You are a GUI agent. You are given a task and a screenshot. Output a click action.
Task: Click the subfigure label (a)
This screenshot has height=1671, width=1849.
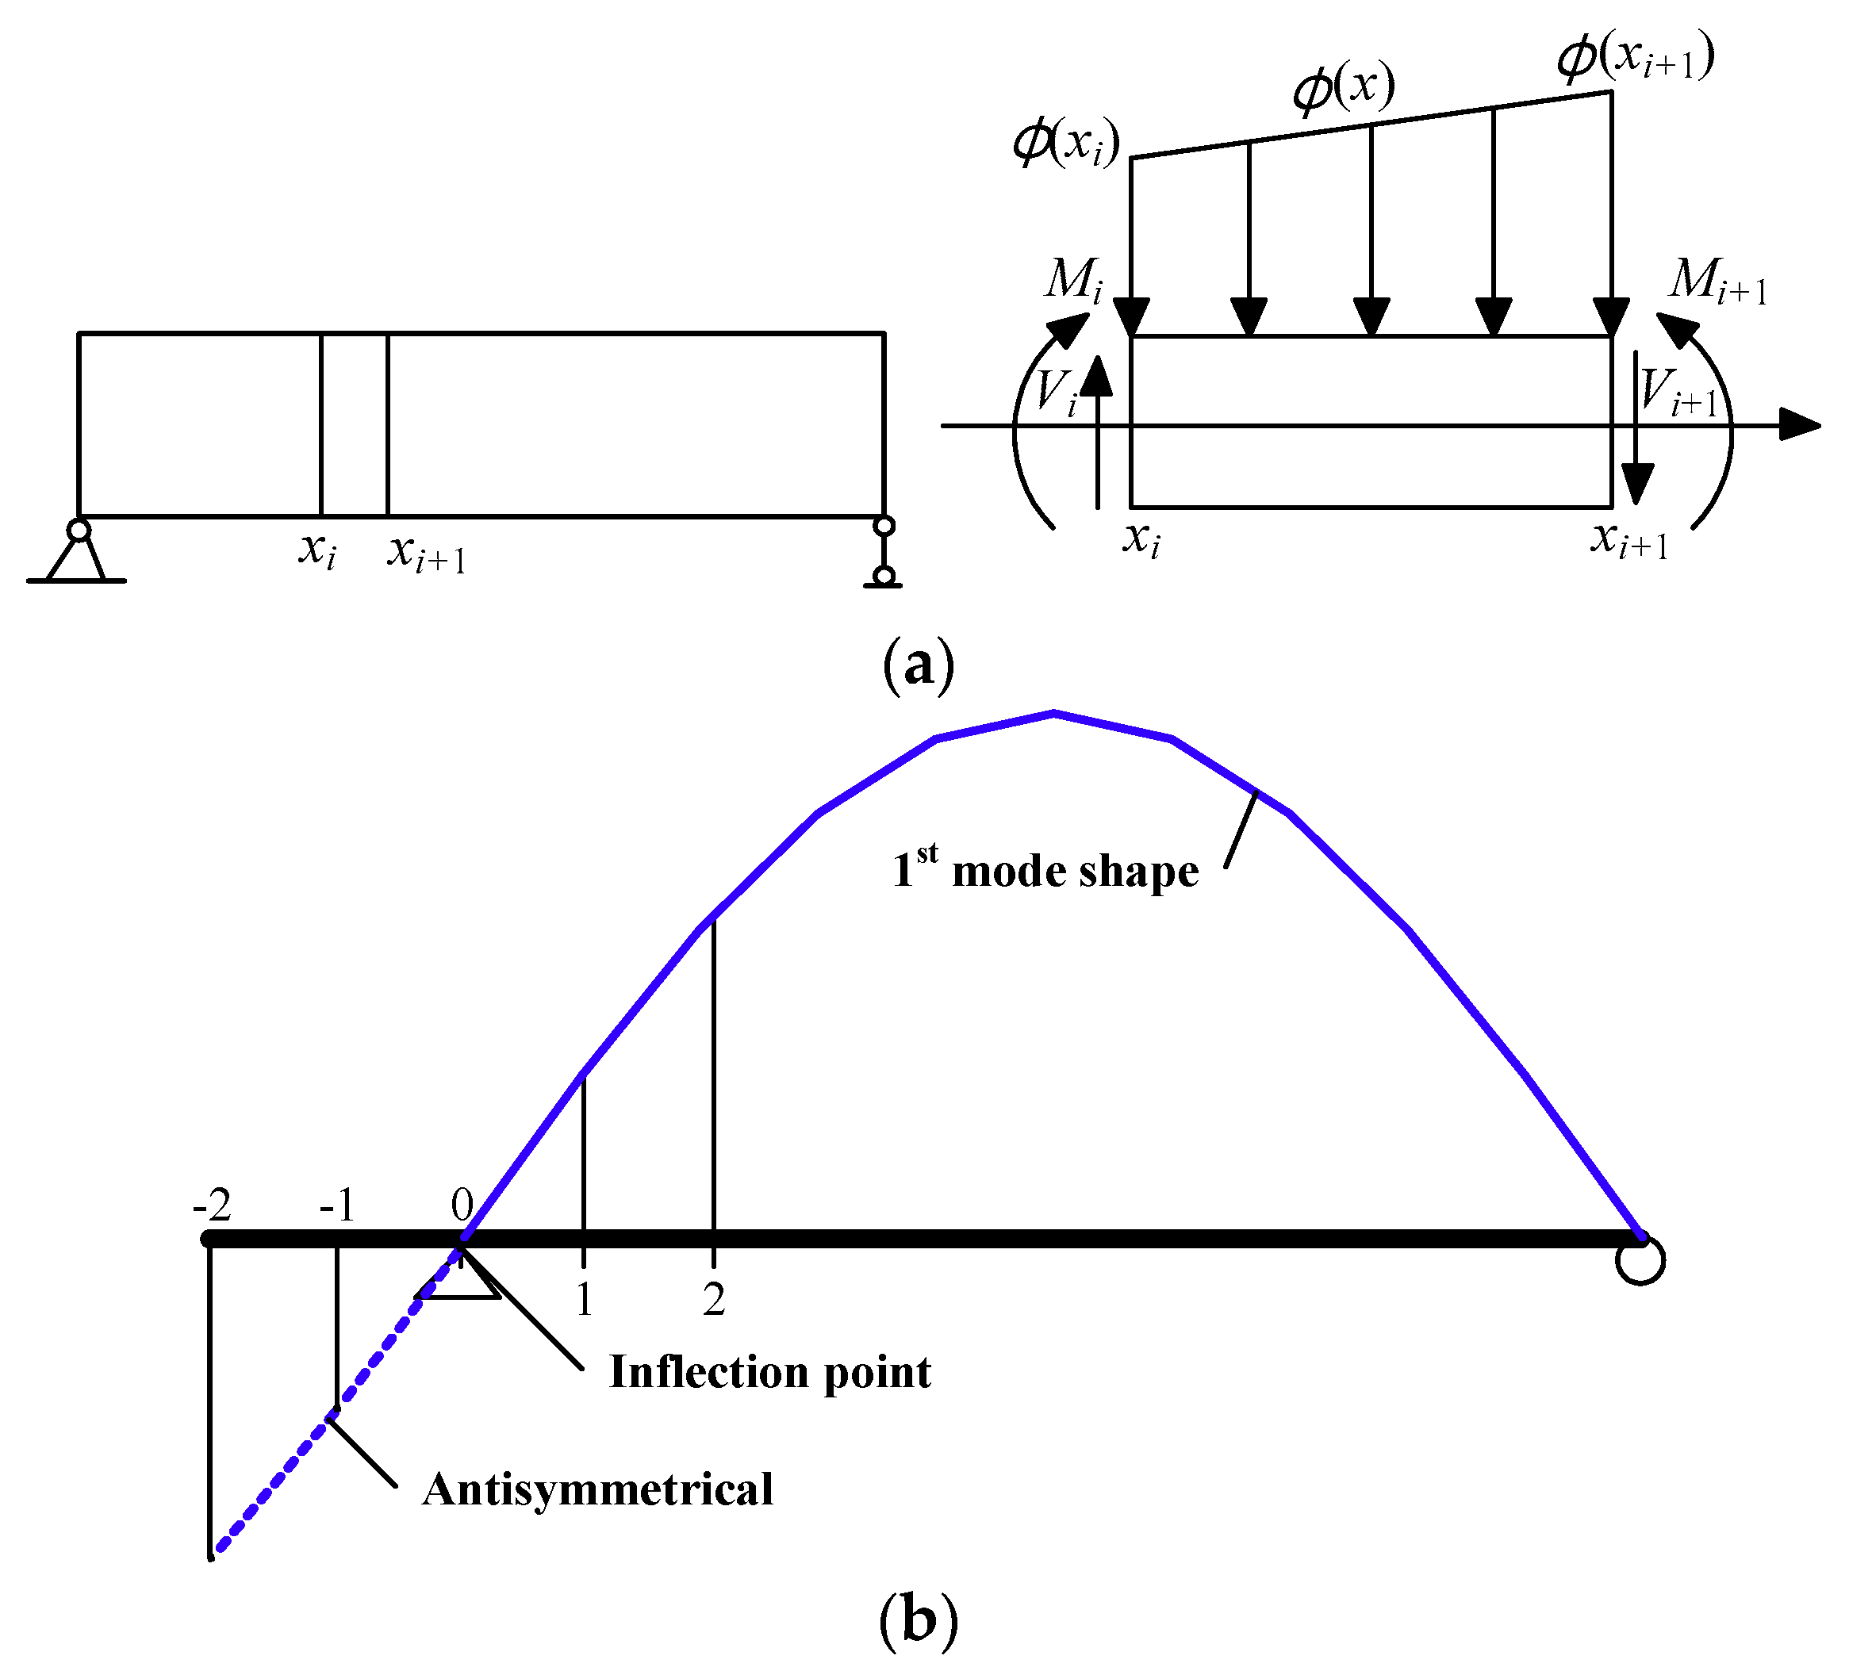pos(918,664)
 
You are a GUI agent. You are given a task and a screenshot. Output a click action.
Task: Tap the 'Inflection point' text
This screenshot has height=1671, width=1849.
pos(769,1373)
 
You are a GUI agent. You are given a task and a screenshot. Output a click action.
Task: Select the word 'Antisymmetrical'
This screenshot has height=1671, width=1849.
pos(597,1489)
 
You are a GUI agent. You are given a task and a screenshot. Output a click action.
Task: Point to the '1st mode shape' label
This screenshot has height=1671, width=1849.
pos(1045,869)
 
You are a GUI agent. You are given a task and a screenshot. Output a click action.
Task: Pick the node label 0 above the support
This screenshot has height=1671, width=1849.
pos(462,1204)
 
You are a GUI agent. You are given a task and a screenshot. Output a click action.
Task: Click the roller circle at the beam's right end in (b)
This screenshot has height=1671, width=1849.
pos(1640,1261)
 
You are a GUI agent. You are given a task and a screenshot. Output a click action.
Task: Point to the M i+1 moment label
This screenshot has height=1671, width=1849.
pos(1717,282)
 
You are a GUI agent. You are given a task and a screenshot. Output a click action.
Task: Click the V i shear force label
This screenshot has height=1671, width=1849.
pos(1056,393)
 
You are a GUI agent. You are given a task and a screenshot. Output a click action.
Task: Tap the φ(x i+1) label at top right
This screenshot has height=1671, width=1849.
pos(1636,57)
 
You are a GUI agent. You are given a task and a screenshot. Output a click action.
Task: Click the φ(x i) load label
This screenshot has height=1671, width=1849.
pos(1066,144)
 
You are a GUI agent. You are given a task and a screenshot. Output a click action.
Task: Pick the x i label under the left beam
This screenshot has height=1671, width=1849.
pos(317,551)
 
